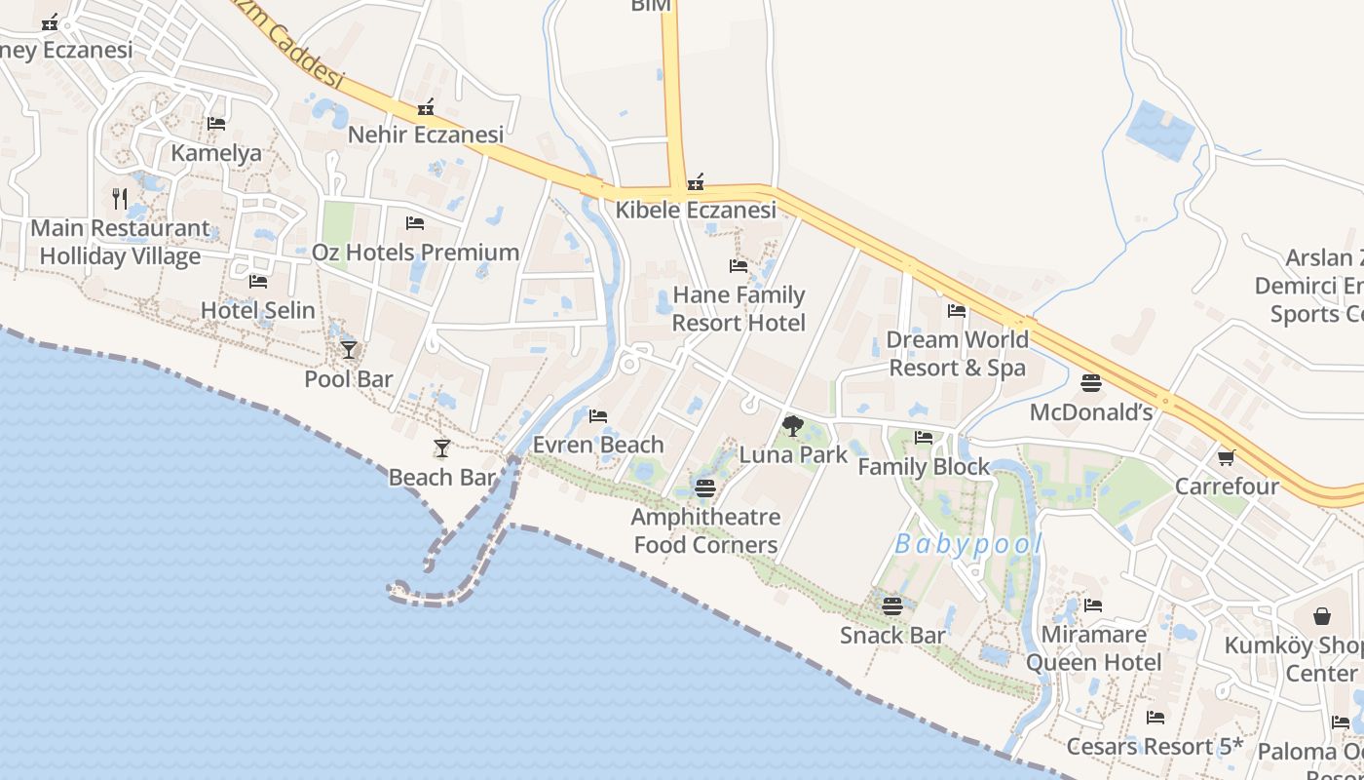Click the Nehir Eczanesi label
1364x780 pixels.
[x=426, y=135]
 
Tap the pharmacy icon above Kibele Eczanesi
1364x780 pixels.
[x=696, y=182]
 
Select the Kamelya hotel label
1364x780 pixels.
[x=216, y=153]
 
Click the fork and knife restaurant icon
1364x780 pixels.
[x=120, y=199]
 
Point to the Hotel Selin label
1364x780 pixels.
[x=258, y=311]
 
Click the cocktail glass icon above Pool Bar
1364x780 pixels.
[x=349, y=349]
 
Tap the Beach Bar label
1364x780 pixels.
[x=442, y=478]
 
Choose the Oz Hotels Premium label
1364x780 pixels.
[x=415, y=253]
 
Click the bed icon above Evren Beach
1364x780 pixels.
[x=598, y=416]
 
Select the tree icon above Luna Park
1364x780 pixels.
[x=793, y=425]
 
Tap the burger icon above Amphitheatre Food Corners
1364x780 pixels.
[x=705, y=487]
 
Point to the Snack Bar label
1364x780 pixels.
[x=892, y=636]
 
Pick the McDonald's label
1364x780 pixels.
[x=1091, y=412]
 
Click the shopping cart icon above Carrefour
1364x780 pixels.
[x=1226, y=457]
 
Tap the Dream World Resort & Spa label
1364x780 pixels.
[x=957, y=353]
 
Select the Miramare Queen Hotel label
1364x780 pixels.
[x=1093, y=648]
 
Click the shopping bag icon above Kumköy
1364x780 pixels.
[x=1322, y=616]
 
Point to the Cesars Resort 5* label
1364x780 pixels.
[x=1156, y=747]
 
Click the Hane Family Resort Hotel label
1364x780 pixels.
[x=739, y=308]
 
